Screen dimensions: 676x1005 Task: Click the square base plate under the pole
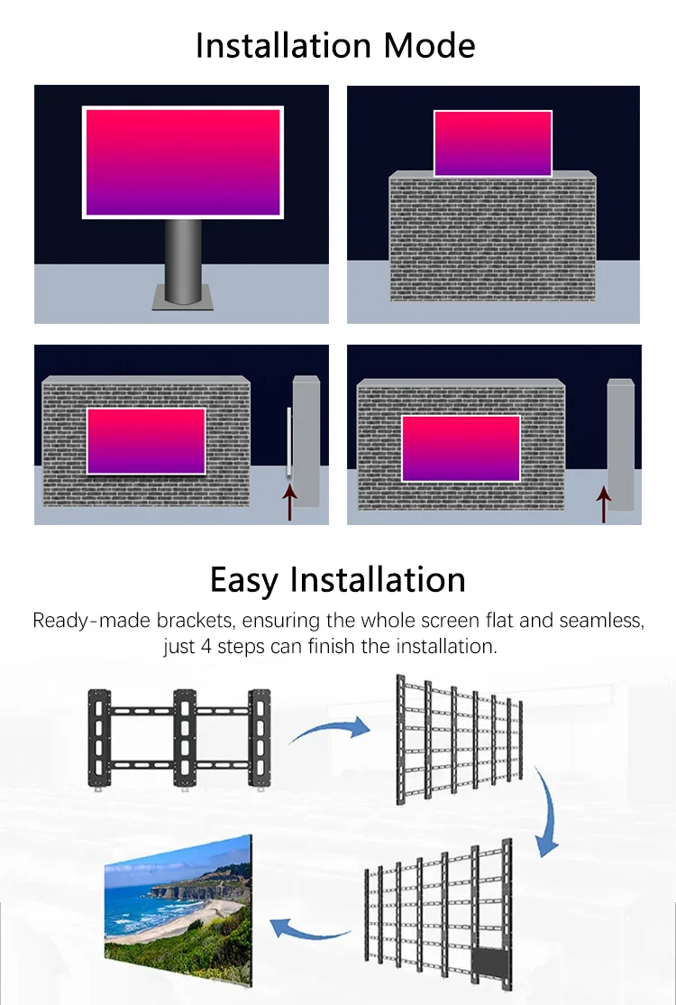pyautogui.click(x=183, y=297)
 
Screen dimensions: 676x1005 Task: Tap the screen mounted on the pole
pyautogui.click(x=183, y=162)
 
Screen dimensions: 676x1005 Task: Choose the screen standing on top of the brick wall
pyautogui.click(x=493, y=143)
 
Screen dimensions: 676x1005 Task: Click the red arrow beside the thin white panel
pyautogui.click(x=289, y=502)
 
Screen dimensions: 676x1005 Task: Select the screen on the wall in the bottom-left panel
pyautogui.click(x=146, y=441)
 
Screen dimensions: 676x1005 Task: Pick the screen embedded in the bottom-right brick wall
pyautogui.click(x=461, y=448)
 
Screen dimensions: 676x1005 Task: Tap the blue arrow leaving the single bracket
pyautogui.click(x=329, y=728)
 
